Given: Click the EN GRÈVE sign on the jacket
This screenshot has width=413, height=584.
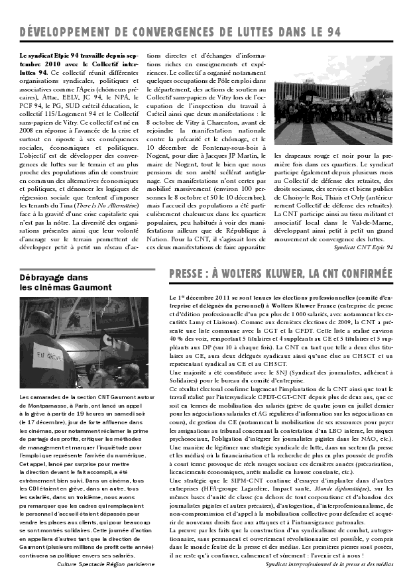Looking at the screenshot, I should [x=49, y=355].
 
